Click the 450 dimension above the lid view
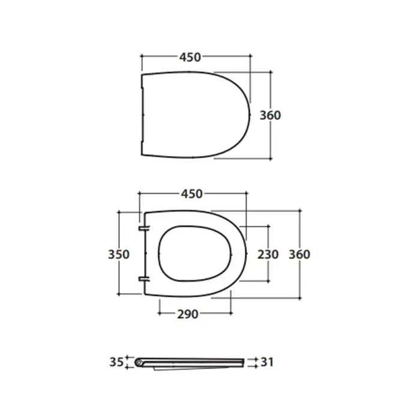190,58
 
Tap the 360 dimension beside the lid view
270,115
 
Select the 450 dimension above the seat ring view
192,194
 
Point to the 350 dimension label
119,254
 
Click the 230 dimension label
268,254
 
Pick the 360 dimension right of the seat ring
299,254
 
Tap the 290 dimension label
188,314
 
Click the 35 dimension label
116,362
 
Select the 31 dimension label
267,362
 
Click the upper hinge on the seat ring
144,228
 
